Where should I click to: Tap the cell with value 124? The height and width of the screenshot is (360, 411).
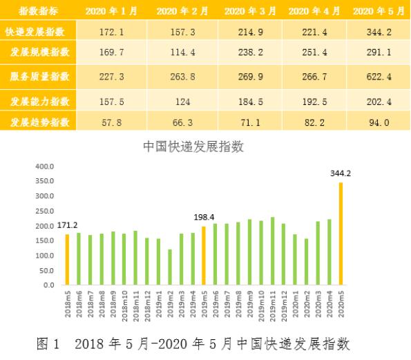(182, 102)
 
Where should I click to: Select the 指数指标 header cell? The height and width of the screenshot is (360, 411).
(39, 11)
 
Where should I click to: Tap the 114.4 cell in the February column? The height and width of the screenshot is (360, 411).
(182, 53)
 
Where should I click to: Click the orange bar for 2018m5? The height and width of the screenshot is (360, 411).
(68, 259)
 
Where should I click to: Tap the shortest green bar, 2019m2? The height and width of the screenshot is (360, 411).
(169, 267)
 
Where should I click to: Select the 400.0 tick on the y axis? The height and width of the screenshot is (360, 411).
(44, 167)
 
